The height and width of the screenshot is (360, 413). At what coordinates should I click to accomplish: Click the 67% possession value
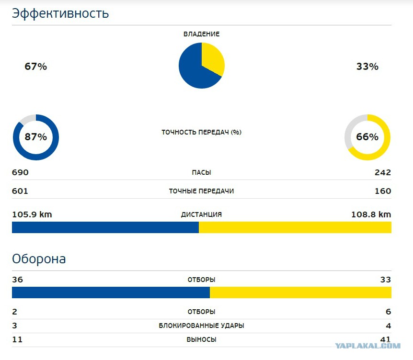(35, 67)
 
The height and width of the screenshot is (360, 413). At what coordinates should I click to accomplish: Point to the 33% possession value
(367, 67)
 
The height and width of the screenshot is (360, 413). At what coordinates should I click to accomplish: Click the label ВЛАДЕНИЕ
(202, 34)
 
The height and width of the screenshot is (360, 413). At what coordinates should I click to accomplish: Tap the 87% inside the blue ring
(36, 137)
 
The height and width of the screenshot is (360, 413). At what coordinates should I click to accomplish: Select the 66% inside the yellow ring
(367, 137)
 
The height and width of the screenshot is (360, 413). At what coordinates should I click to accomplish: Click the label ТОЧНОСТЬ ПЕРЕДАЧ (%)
(202, 132)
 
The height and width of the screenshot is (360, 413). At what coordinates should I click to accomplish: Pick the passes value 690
(20, 173)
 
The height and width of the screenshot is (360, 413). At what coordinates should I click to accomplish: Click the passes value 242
(383, 173)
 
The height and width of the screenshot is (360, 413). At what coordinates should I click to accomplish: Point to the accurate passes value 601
(20, 191)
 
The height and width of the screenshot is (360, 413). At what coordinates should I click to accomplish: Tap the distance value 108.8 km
(371, 214)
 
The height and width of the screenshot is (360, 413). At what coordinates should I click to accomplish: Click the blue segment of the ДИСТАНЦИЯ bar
(105, 227)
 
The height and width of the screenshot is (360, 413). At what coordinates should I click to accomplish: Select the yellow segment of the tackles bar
(300, 292)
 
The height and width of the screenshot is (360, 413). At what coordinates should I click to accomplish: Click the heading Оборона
(39, 259)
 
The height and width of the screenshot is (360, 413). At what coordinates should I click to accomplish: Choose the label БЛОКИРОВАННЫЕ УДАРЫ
(202, 326)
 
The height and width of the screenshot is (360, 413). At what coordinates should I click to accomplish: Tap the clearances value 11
(17, 339)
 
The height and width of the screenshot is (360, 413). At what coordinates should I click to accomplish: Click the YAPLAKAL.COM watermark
(367, 346)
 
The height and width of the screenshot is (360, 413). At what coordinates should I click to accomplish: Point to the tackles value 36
(17, 280)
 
